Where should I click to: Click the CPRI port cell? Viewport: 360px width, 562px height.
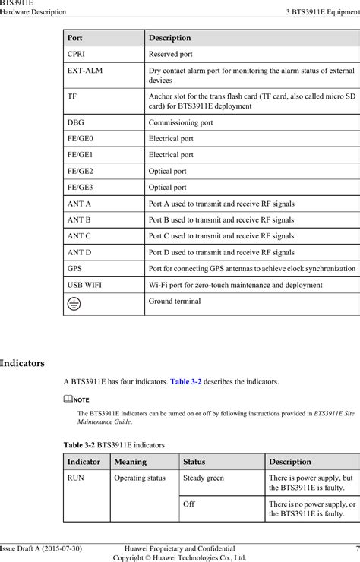(x=76, y=55)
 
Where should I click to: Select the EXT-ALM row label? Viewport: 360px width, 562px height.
(x=84, y=71)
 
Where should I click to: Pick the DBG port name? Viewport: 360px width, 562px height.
(x=76, y=122)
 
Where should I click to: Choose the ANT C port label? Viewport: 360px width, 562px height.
(x=80, y=235)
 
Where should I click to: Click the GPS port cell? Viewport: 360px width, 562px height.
(x=74, y=268)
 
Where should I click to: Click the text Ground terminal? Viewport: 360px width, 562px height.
(x=175, y=302)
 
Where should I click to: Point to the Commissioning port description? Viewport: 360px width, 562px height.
(x=181, y=122)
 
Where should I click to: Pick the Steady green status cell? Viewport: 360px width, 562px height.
(x=204, y=478)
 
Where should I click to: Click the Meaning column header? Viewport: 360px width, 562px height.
(x=131, y=461)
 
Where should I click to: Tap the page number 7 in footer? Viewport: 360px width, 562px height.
(x=356, y=548)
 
